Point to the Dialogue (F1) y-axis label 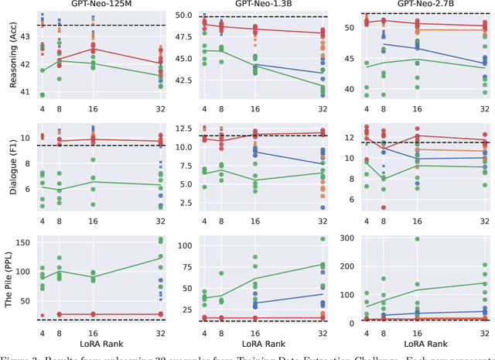pyautogui.click(x=9, y=163)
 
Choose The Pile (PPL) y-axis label pyautogui.click(x=9, y=276)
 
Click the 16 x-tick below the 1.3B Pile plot pyautogui.click(x=255, y=331)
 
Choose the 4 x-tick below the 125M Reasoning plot pyautogui.click(x=43, y=108)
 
